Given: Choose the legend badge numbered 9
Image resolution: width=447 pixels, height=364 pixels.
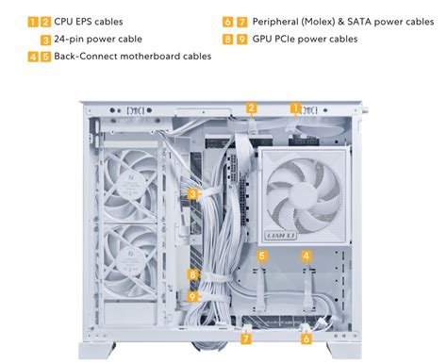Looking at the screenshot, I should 242,39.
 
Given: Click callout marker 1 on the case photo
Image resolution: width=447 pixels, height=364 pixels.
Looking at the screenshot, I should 295,108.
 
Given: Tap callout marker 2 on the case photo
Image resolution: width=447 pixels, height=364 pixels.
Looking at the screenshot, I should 252,108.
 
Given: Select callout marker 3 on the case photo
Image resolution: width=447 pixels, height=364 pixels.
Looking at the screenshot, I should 192,193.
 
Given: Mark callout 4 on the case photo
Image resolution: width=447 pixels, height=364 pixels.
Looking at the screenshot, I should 306,256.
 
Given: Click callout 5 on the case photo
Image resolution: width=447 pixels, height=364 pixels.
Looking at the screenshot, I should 262,256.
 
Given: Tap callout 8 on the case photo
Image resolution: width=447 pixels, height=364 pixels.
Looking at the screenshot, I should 192,275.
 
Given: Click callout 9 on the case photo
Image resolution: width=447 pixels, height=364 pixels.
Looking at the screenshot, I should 192,295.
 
